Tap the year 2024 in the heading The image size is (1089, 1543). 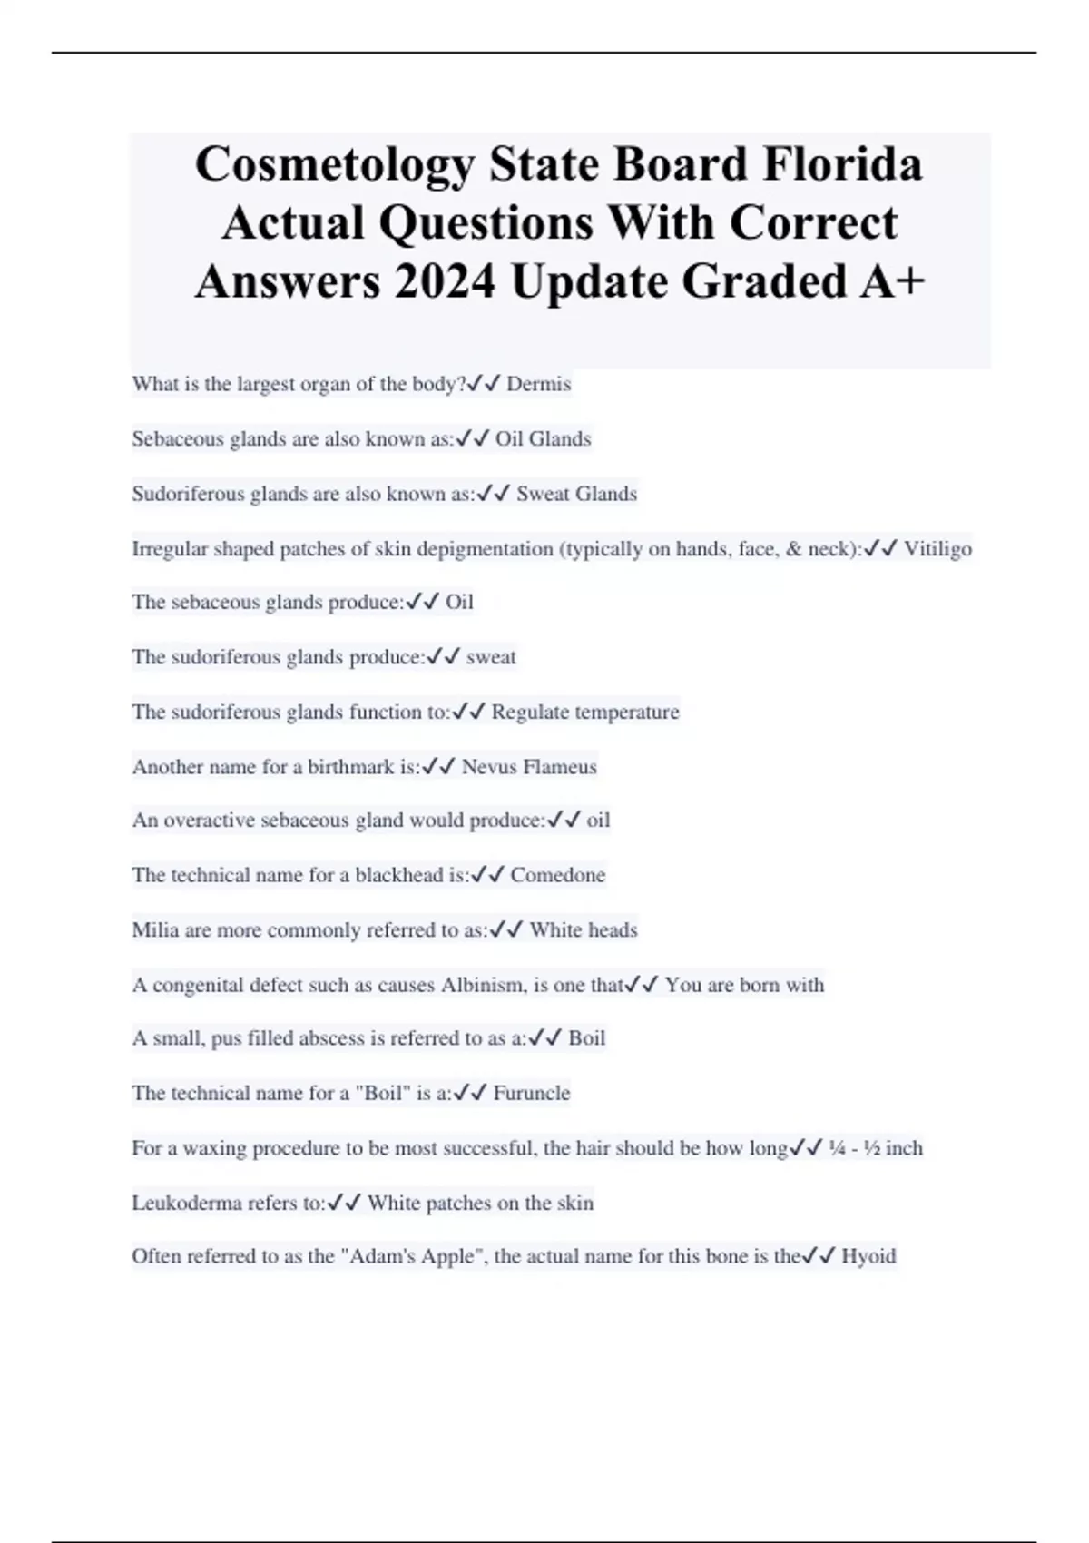click(445, 281)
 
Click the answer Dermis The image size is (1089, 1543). click(538, 384)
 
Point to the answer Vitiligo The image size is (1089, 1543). click(937, 548)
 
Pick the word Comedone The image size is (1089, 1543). click(557, 875)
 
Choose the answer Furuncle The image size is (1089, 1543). click(532, 1093)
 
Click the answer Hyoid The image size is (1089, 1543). click(868, 1256)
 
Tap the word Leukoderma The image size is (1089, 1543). click(181, 1203)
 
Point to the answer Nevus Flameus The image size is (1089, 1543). click(529, 767)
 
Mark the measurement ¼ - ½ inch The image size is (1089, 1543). click(876, 1148)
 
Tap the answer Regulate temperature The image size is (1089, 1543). click(585, 712)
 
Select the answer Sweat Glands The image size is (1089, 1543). click(576, 494)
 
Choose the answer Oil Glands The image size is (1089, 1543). click(543, 439)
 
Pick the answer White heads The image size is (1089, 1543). click(584, 929)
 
